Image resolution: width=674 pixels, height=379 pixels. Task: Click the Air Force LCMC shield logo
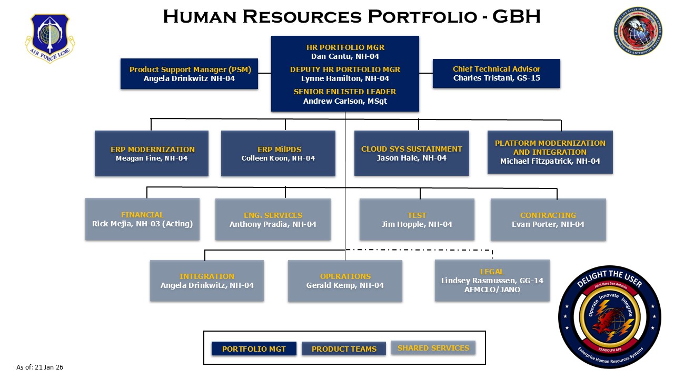(50, 38)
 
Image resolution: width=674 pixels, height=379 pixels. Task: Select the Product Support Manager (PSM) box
(190, 74)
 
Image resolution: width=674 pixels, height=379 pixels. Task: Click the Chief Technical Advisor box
(496, 74)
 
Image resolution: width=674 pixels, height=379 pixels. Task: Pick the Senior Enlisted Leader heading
(345, 92)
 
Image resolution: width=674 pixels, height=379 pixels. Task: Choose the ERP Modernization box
(152, 153)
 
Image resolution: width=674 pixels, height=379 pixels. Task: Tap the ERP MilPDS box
(278, 153)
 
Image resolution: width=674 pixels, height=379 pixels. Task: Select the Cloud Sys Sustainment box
(411, 153)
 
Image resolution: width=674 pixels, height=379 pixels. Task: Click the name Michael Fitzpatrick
(550, 161)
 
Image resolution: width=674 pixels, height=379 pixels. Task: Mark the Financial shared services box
(142, 220)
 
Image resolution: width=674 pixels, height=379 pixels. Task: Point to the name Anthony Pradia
(273, 224)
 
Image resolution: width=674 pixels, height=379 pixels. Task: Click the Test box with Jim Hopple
(417, 220)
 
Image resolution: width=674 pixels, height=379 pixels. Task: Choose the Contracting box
(548, 220)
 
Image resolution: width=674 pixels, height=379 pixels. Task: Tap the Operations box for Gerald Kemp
(345, 281)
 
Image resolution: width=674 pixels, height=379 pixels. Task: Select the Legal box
(492, 281)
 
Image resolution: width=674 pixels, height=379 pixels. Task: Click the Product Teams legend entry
(344, 349)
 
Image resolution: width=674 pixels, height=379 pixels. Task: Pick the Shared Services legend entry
(433, 348)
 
